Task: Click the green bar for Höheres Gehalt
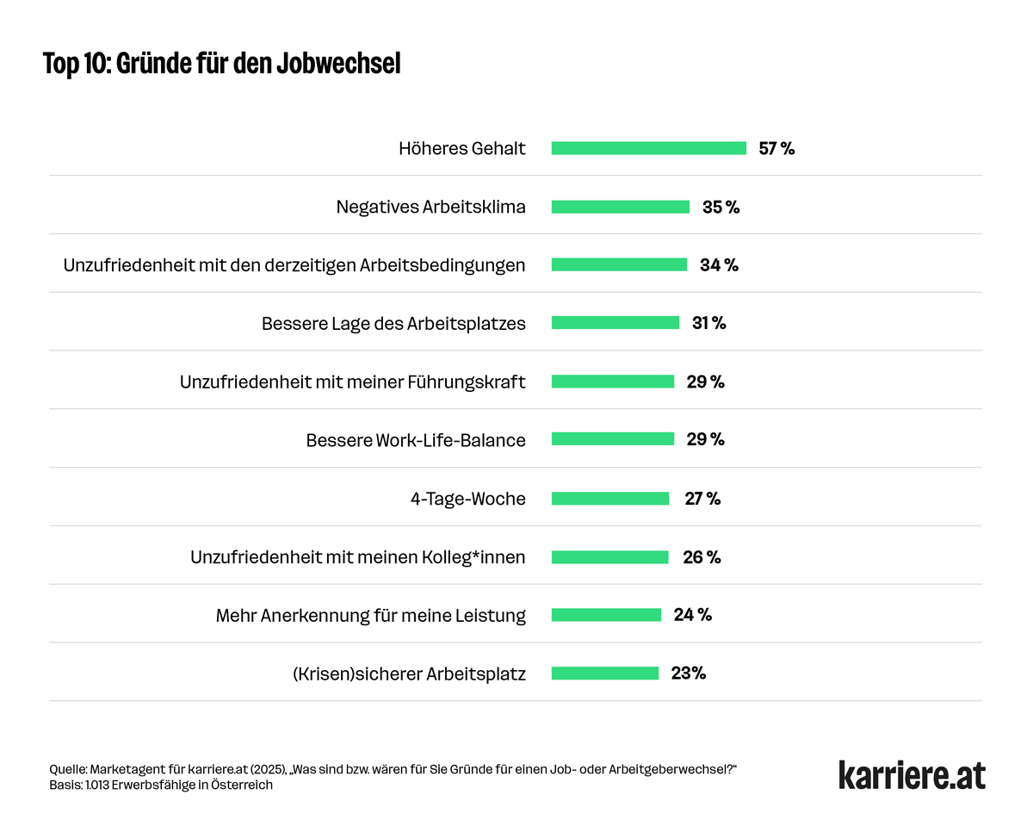pos(648,148)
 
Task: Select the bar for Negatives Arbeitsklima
pos(620,207)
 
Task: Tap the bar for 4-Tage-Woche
pos(609,499)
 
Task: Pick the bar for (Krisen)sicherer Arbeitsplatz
pos(604,674)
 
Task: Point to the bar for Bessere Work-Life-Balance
pos(612,439)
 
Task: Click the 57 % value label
pos(776,148)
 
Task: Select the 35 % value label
pos(721,207)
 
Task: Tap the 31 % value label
pos(709,323)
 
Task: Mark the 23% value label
pos(689,674)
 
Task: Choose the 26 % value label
pos(702,557)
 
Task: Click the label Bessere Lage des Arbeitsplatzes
pos(393,324)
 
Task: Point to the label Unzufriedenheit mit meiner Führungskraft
pos(352,382)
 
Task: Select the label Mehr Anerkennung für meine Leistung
pos(370,616)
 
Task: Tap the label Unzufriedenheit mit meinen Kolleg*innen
pos(357,557)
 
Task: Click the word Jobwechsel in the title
pos(338,64)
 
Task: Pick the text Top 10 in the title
pos(73,64)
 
